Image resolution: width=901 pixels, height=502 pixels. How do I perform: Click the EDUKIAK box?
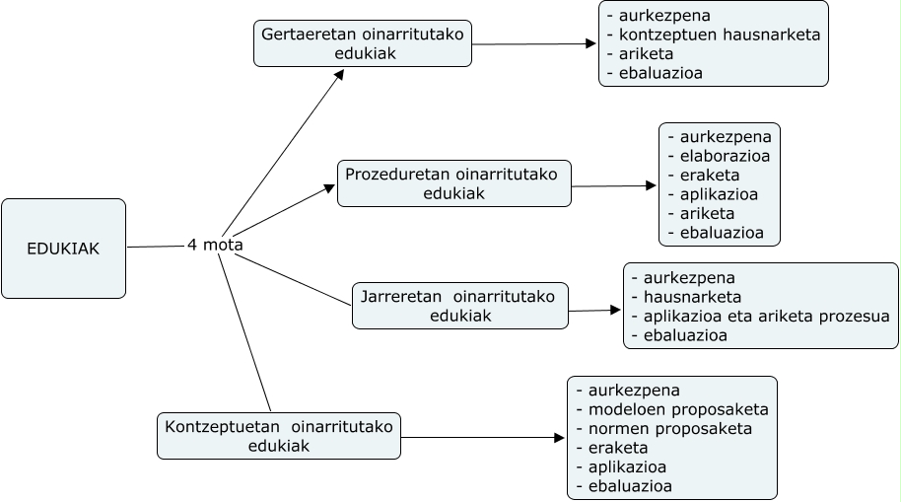tap(63, 249)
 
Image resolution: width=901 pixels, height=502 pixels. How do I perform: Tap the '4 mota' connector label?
tap(215, 245)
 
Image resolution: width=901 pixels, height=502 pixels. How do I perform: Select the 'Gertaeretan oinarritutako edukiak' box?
tap(363, 43)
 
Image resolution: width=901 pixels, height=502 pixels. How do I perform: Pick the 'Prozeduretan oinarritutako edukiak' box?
tap(453, 183)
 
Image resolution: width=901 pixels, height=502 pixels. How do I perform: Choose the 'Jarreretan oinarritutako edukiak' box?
tap(459, 306)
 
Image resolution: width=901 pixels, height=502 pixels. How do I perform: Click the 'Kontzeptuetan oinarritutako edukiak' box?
tap(279, 436)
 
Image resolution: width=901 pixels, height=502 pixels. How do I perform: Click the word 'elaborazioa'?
tap(725, 156)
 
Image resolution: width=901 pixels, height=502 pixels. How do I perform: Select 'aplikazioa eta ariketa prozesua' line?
tap(765, 317)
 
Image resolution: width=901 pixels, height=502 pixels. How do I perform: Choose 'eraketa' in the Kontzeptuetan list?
tap(615, 448)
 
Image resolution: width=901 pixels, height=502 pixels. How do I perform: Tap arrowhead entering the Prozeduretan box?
tap(330, 187)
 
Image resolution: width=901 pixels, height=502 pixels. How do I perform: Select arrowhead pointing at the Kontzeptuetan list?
tap(560, 437)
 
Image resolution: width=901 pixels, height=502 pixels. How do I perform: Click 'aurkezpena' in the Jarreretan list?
tap(688, 278)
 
